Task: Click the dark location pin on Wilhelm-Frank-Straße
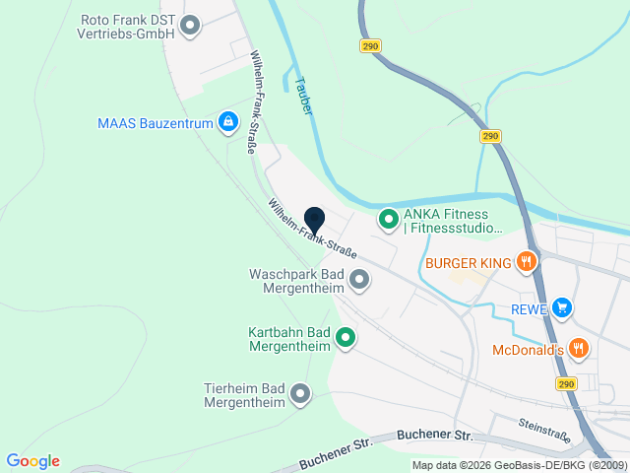314,222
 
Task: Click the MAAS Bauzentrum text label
156,123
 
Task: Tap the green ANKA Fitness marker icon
388,219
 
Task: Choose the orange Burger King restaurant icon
528,262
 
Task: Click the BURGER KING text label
469,263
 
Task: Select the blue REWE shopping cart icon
561,308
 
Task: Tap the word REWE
528,309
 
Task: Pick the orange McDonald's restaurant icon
579,348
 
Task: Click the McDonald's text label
527,349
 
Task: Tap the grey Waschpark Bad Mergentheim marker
359,280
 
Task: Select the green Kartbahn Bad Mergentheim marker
346,339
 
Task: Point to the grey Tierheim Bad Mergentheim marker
300,395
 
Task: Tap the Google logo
32,461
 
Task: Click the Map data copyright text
519,465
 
